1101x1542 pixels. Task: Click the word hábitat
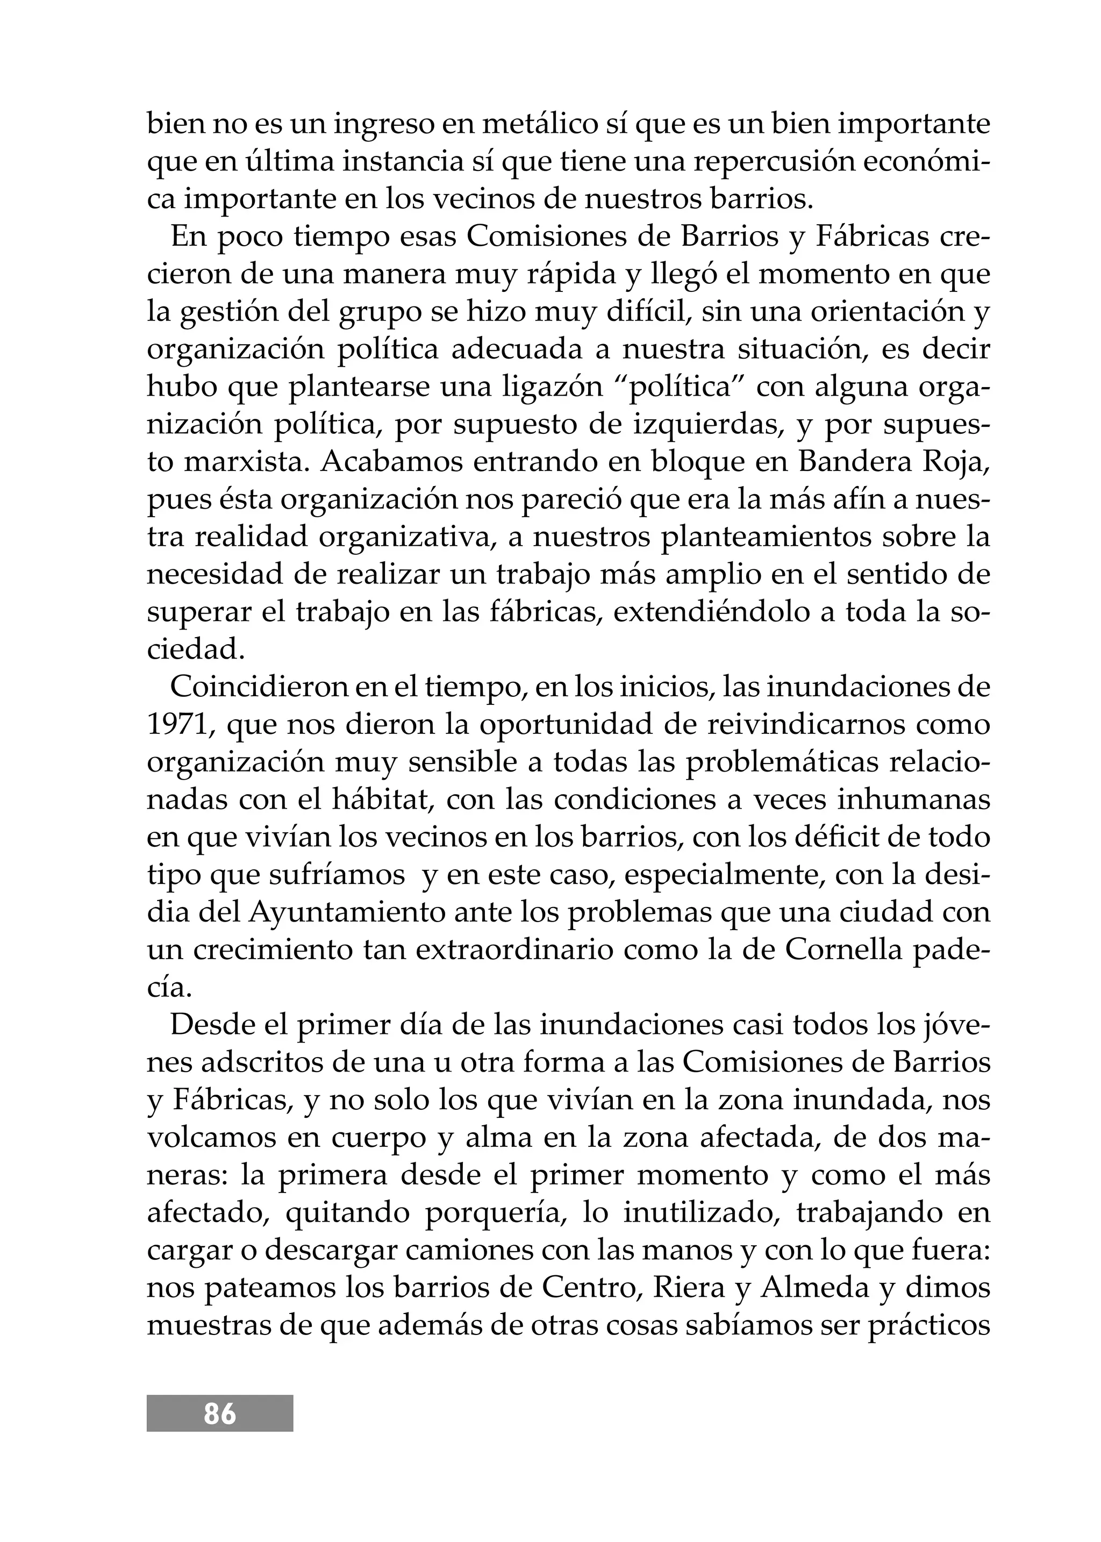(x=384, y=800)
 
